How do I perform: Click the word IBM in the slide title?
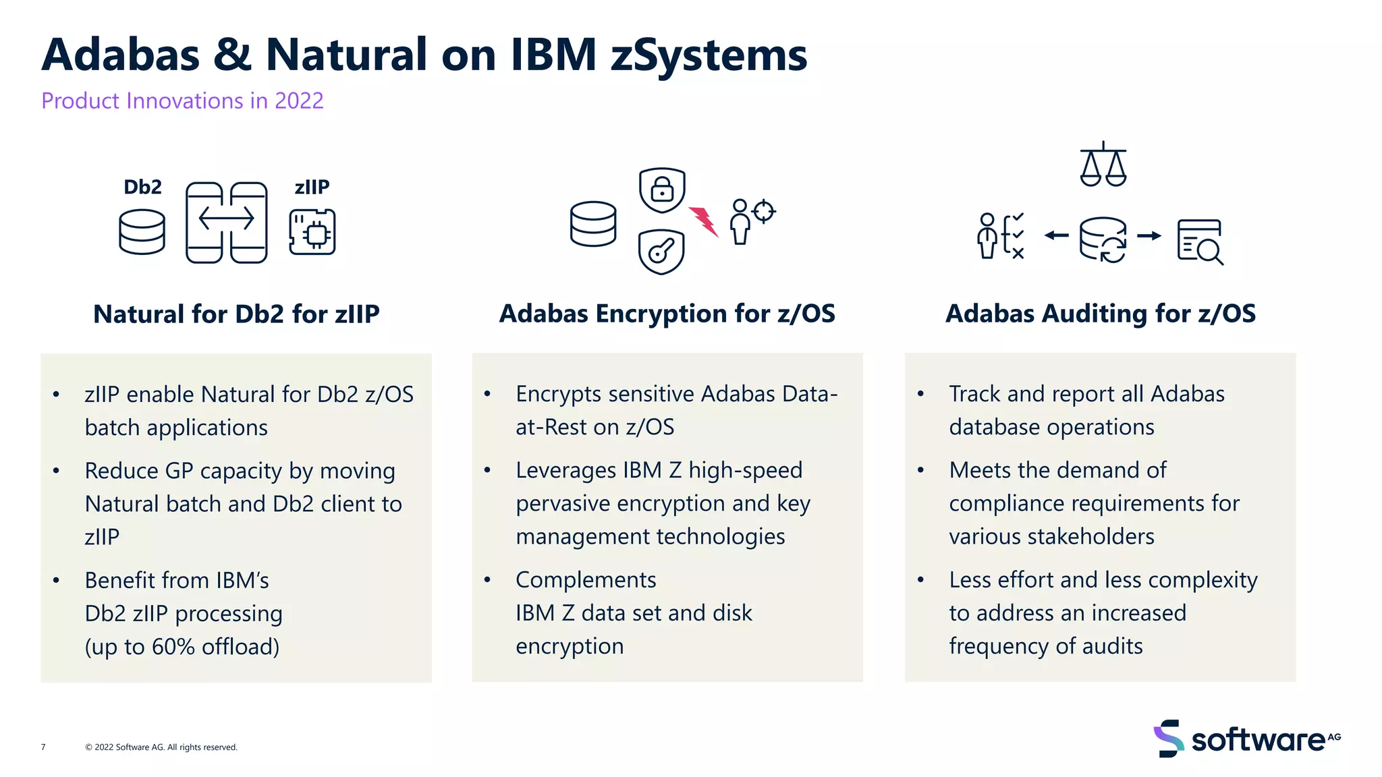(553, 55)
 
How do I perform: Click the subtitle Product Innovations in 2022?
(182, 100)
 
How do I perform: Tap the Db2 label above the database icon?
(142, 187)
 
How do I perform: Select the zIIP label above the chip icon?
(312, 187)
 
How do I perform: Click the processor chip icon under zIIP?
(312, 232)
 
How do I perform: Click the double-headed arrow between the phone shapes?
(226, 219)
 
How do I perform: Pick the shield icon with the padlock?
(662, 190)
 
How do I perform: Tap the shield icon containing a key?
(661, 252)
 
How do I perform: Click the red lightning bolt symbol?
(704, 221)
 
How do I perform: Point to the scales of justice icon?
(1103, 165)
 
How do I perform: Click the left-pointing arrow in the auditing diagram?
(1057, 235)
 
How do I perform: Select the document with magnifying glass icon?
(1200, 241)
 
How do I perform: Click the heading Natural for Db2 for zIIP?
(236, 314)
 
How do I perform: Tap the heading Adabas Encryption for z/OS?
(667, 314)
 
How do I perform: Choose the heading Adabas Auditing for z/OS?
(1101, 314)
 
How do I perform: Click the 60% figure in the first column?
(173, 647)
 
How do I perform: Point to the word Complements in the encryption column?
(586, 580)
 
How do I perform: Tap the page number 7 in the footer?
(43, 747)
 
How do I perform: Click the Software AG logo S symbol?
(1169, 739)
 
